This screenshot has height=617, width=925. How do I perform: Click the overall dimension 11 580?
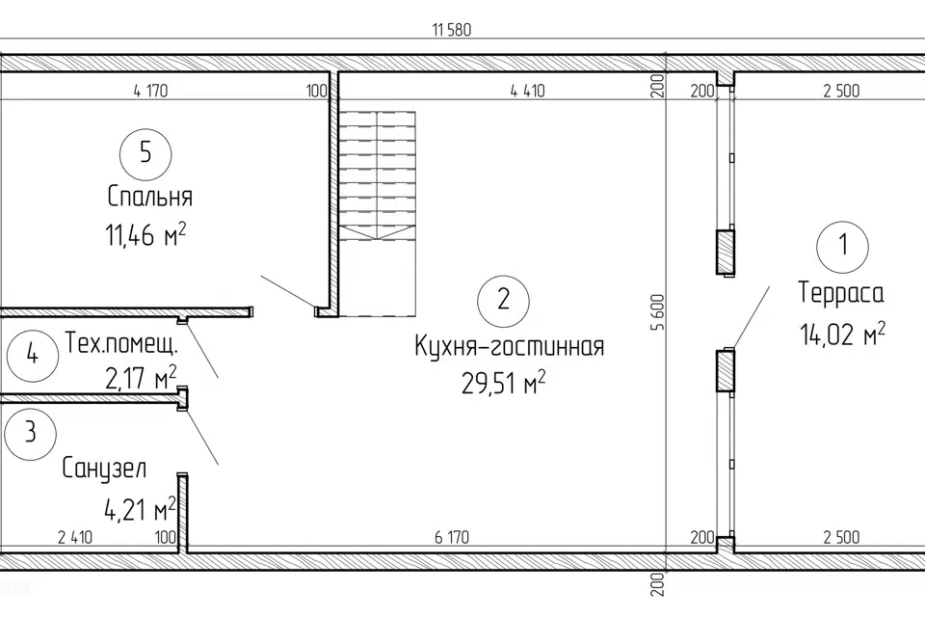click(x=452, y=30)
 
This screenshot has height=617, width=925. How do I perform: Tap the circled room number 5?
click(x=145, y=154)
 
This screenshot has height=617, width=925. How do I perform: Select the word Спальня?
click(x=150, y=197)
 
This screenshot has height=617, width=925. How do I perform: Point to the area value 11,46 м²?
click(x=145, y=235)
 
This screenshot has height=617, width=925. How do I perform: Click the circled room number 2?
click(x=503, y=301)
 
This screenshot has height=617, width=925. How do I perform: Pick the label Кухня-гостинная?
click(x=510, y=347)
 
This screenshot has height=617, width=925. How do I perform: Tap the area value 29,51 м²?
click(x=503, y=384)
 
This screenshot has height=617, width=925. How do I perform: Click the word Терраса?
click(x=841, y=293)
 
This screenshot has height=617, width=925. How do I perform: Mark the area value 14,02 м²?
click(x=842, y=334)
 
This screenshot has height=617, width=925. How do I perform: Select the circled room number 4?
click(x=33, y=356)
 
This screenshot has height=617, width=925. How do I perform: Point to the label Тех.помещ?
click(x=121, y=343)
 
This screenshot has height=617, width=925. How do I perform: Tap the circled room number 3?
click(x=30, y=434)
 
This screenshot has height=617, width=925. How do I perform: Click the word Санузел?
click(x=104, y=469)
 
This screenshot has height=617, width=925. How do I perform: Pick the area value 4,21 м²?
click(x=140, y=509)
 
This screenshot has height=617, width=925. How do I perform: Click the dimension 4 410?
click(x=527, y=91)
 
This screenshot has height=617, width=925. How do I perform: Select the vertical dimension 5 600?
click(x=658, y=312)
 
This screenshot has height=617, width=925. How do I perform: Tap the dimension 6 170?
click(x=452, y=537)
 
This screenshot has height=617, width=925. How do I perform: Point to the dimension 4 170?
click(x=150, y=91)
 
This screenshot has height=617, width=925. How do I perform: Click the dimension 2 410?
click(x=75, y=537)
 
